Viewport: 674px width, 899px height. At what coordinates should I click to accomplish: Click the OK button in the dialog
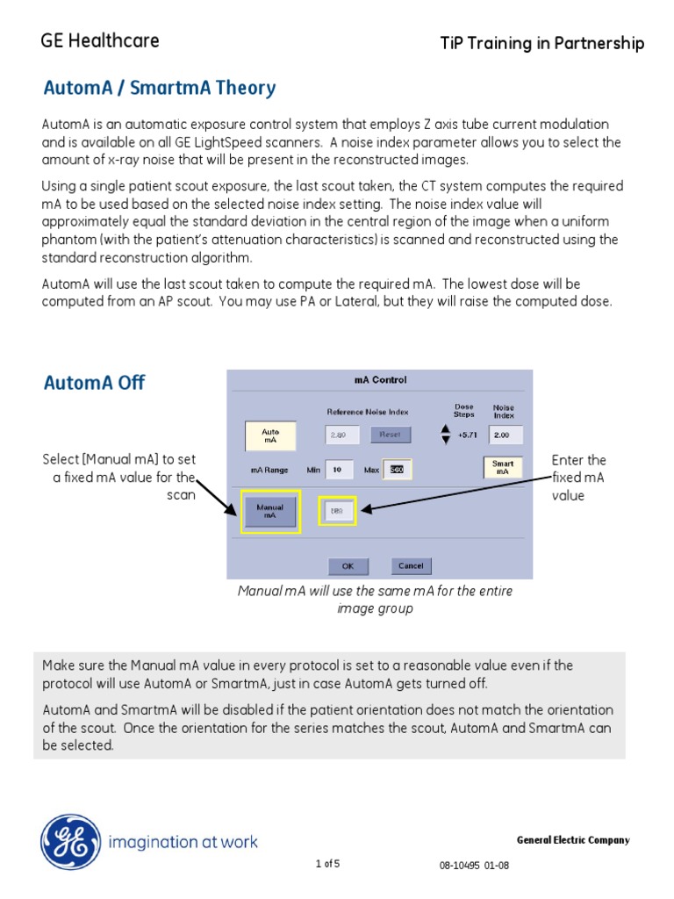[x=348, y=566]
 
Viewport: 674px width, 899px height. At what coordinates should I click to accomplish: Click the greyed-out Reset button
[x=390, y=434]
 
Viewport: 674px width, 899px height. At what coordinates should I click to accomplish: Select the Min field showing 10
[x=337, y=470]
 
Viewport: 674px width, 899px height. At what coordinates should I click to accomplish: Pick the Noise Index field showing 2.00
[x=505, y=435]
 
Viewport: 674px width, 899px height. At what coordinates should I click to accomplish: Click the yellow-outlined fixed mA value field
[x=337, y=509]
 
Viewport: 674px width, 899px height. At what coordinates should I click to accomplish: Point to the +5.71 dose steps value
[x=464, y=435]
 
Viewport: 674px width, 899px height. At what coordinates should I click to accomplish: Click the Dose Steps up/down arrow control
[x=445, y=434]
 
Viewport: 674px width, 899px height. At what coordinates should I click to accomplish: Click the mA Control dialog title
[x=380, y=380]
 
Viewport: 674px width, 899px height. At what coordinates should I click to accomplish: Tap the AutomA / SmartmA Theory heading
[x=160, y=89]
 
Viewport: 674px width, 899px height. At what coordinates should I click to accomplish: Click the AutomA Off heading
[x=94, y=383]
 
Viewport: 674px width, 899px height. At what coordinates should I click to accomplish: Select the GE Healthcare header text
[x=100, y=40]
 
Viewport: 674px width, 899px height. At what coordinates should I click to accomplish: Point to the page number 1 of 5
[x=327, y=864]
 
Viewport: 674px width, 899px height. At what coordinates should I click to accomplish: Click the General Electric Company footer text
[x=572, y=840]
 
